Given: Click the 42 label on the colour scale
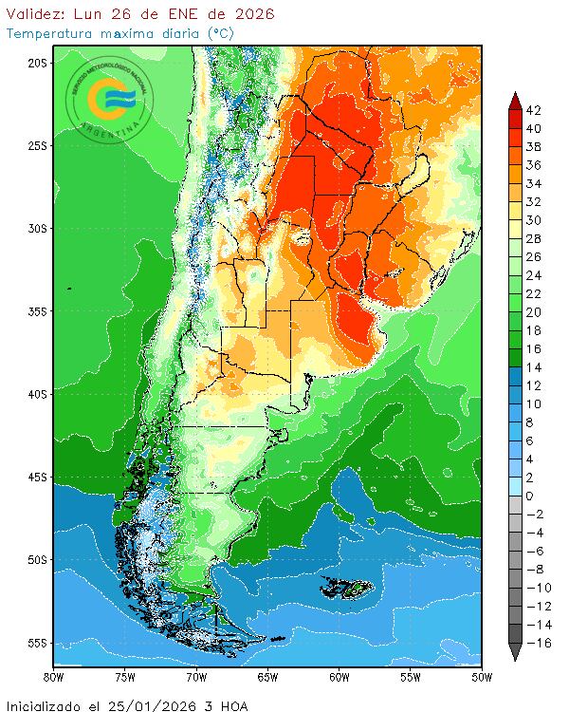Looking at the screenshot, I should coord(533,110).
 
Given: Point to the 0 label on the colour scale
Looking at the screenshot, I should coord(529,496).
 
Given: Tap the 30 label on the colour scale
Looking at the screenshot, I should coord(533,220).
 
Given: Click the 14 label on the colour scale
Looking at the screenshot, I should coord(533,367).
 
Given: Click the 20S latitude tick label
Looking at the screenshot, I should coord(37,63).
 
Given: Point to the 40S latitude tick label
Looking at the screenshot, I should coord(37,393).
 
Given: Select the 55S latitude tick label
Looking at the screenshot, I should coord(37,642).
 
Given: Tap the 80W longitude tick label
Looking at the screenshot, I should coord(54,677).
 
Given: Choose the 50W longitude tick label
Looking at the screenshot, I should coord(481,677).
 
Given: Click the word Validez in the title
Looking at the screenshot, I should coord(35,14).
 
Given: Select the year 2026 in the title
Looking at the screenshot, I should coord(254,14).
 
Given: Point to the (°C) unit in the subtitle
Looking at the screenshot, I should coord(219,33).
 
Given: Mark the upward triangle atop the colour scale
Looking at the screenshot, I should coord(514,99).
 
